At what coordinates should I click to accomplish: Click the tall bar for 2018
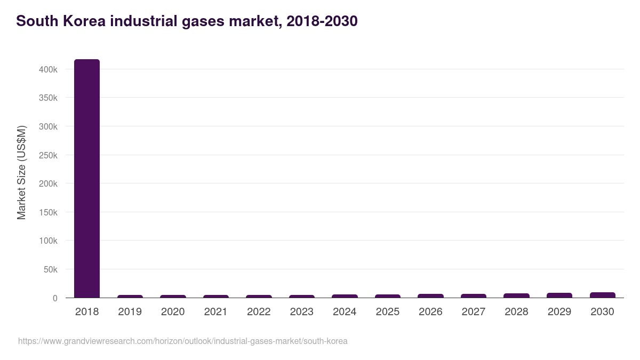[x=87, y=179]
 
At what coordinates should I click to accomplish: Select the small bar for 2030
[x=602, y=295]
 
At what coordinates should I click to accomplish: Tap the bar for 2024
[x=345, y=296]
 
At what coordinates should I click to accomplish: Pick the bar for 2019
[x=130, y=296]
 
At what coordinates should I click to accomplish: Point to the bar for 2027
[x=473, y=295]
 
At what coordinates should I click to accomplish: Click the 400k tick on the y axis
[x=48, y=69]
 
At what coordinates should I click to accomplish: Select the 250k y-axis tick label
[x=48, y=155]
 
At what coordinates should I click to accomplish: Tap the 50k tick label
[x=50, y=269]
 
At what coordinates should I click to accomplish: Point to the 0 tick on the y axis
[x=54, y=298]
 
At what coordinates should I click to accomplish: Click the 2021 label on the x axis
[x=215, y=312]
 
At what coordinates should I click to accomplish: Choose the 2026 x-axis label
[x=430, y=312]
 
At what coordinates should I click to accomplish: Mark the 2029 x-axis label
[x=559, y=312]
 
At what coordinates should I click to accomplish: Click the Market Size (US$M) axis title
[x=21, y=172]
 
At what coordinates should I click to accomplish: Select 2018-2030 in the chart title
[x=322, y=21]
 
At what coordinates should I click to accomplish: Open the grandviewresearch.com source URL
[x=182, y=341]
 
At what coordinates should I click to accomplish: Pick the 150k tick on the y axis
[x=48, y=212]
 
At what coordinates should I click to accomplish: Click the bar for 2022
[x=259, y=296]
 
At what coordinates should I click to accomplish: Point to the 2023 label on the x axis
[x=302, y=312]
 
